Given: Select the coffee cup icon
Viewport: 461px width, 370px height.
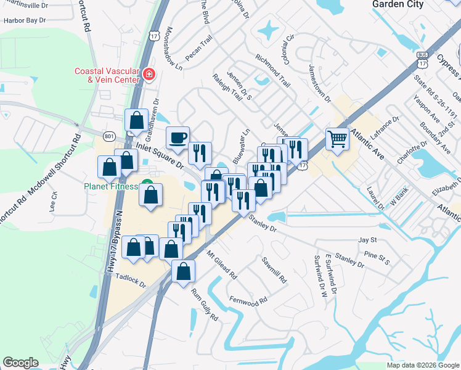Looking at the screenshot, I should tap(178, 138).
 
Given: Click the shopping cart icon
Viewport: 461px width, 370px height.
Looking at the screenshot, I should tap(337, 138).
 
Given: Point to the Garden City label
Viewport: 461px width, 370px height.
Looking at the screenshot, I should tap(398, 4).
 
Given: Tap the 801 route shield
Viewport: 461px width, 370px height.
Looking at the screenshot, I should tap(109, 136).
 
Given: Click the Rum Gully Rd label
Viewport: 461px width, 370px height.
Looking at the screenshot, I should tap(205, 305).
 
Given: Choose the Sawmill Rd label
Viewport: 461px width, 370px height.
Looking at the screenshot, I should tap(274, 269).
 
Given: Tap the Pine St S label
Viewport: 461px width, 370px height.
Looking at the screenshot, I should tap(377, 258).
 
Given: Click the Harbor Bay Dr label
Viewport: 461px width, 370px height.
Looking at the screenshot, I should tap(25, 20).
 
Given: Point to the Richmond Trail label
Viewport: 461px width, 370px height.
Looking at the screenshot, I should tap(272, 69).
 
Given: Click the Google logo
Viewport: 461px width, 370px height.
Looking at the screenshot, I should tap(20, 363).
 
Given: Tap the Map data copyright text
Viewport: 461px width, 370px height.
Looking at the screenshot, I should tap(423, 365).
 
